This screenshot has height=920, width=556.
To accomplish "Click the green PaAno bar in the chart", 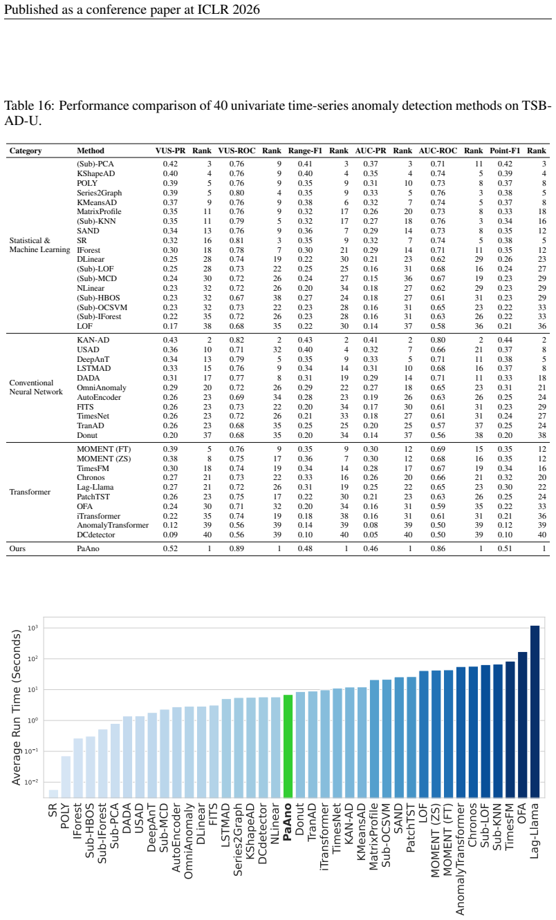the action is click(288, 746).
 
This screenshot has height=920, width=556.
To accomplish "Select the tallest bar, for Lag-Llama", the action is click(535, 712).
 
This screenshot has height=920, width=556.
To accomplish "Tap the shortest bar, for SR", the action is click(53, 794).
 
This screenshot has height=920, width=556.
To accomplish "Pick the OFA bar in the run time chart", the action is click(522, 725).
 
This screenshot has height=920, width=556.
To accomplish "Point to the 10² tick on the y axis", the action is click(33, 659).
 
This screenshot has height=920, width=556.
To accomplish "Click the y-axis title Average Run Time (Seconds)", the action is click(16, 707).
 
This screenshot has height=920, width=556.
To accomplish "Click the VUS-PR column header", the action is click(170, 151).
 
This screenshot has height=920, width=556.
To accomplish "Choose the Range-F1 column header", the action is click(305, 151).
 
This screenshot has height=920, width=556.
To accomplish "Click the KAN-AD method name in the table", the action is click(93, 340).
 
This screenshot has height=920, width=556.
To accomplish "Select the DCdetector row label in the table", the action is click(96, 535).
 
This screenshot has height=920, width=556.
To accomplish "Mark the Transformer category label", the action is click(30, 492).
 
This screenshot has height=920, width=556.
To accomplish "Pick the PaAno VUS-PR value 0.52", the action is click(170, 548).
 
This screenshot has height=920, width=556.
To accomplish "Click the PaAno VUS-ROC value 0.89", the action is click(237, 548).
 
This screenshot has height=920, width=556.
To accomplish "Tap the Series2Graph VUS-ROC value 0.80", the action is click(237, 193).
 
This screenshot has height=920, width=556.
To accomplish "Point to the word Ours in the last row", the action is click(17, 548).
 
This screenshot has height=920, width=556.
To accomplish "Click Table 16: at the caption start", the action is click(29, 106).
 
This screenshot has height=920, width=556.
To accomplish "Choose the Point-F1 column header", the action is click(505, 151).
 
